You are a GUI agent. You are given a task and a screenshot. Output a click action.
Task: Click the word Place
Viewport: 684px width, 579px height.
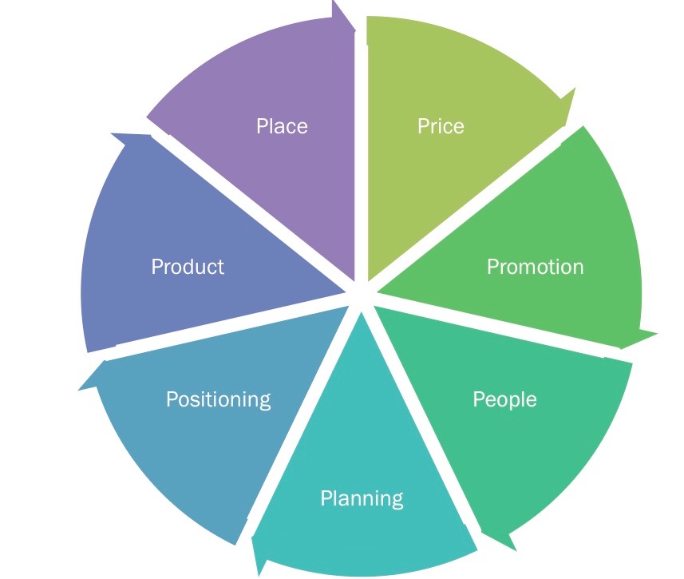click(282, 126)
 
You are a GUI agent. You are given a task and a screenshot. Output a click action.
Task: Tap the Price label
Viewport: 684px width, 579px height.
click(441, 126)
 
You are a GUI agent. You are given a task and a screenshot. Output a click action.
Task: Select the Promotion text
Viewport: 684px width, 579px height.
click(535, 266)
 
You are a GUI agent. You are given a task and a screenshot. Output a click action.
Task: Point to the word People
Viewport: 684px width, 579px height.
click(504, 399)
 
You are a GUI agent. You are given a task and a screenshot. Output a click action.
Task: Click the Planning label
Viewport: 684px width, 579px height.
click(362, 498)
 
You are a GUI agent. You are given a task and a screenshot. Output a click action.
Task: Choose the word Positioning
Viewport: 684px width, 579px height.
click(218, 399)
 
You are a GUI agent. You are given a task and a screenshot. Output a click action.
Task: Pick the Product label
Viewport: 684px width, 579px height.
click(188, 266)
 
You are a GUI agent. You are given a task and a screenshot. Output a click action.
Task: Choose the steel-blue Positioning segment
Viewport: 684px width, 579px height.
click(200, 447)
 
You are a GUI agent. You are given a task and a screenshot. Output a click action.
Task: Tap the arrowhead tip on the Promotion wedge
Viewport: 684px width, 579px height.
click(657, 332)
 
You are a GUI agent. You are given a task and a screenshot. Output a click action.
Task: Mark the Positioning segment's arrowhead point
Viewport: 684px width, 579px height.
click(81, 390)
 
